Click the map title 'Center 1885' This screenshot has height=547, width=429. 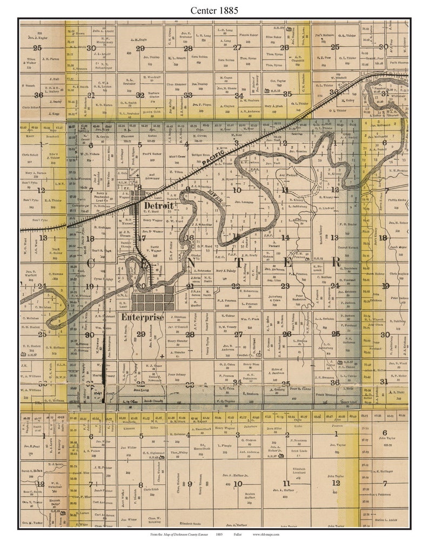pos(215,10)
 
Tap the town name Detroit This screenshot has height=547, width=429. pos(158,207)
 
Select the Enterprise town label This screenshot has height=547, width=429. pos(143,317)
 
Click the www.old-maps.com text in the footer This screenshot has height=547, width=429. pos(265,534)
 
